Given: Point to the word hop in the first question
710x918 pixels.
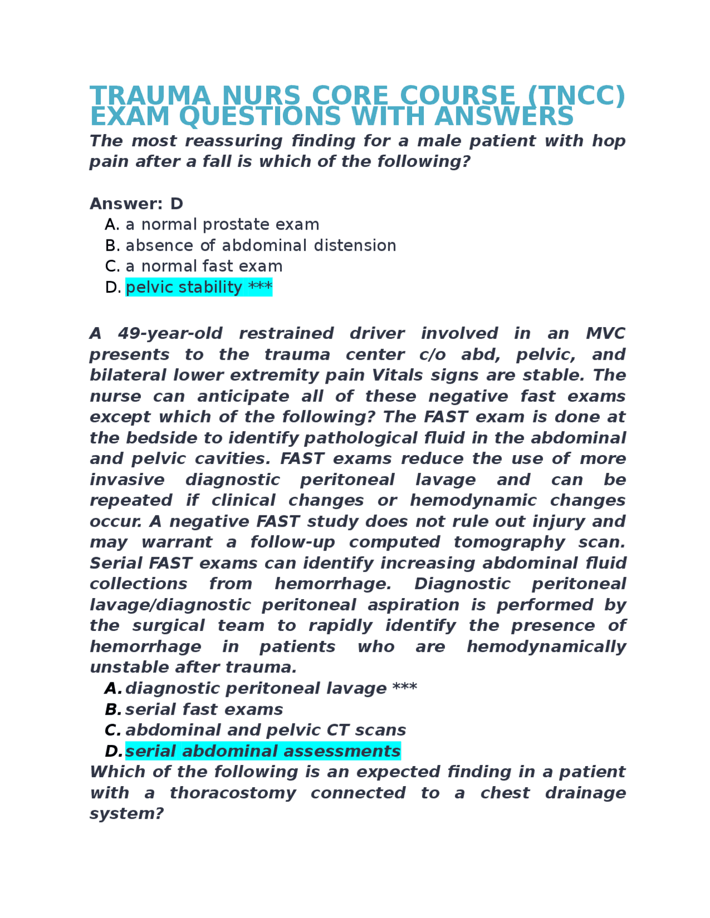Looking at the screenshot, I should pos(608,141).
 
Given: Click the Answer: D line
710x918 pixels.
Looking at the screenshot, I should pos(136,204).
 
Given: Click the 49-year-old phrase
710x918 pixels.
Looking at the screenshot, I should pos(170,334).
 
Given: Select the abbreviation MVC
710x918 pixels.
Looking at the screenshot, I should pos(605,334).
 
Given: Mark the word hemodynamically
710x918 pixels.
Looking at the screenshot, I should pos(546,646).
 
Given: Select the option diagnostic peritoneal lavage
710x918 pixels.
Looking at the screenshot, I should pos(256,688).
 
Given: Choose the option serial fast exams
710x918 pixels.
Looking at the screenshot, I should pos(204,710).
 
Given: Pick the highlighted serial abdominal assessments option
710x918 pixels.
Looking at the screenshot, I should pos(262,751).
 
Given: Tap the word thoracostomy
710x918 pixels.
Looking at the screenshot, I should pos(232,793).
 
